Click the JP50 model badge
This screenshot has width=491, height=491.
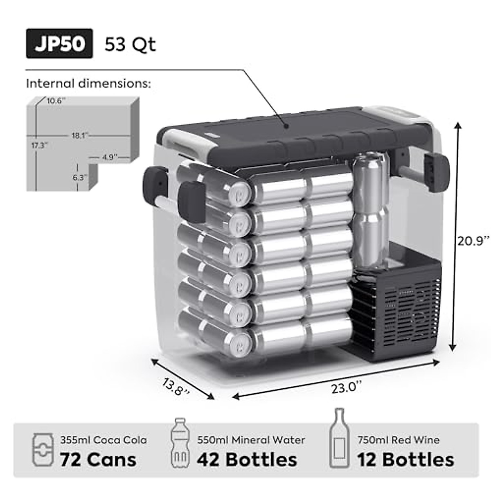point(59,43)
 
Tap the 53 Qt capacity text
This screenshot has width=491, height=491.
point(130,44)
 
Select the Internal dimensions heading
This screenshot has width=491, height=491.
point(88,83)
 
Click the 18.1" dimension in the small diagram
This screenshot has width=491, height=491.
point(78,135)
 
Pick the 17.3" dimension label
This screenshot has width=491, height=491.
point(40,145)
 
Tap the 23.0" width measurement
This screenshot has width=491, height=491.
point(347,387)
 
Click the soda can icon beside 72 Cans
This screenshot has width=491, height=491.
point(43,450)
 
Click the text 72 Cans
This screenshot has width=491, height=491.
point(98,459)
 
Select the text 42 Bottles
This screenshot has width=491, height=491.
point(247,459)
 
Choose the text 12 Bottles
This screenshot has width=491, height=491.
point(405,459)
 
